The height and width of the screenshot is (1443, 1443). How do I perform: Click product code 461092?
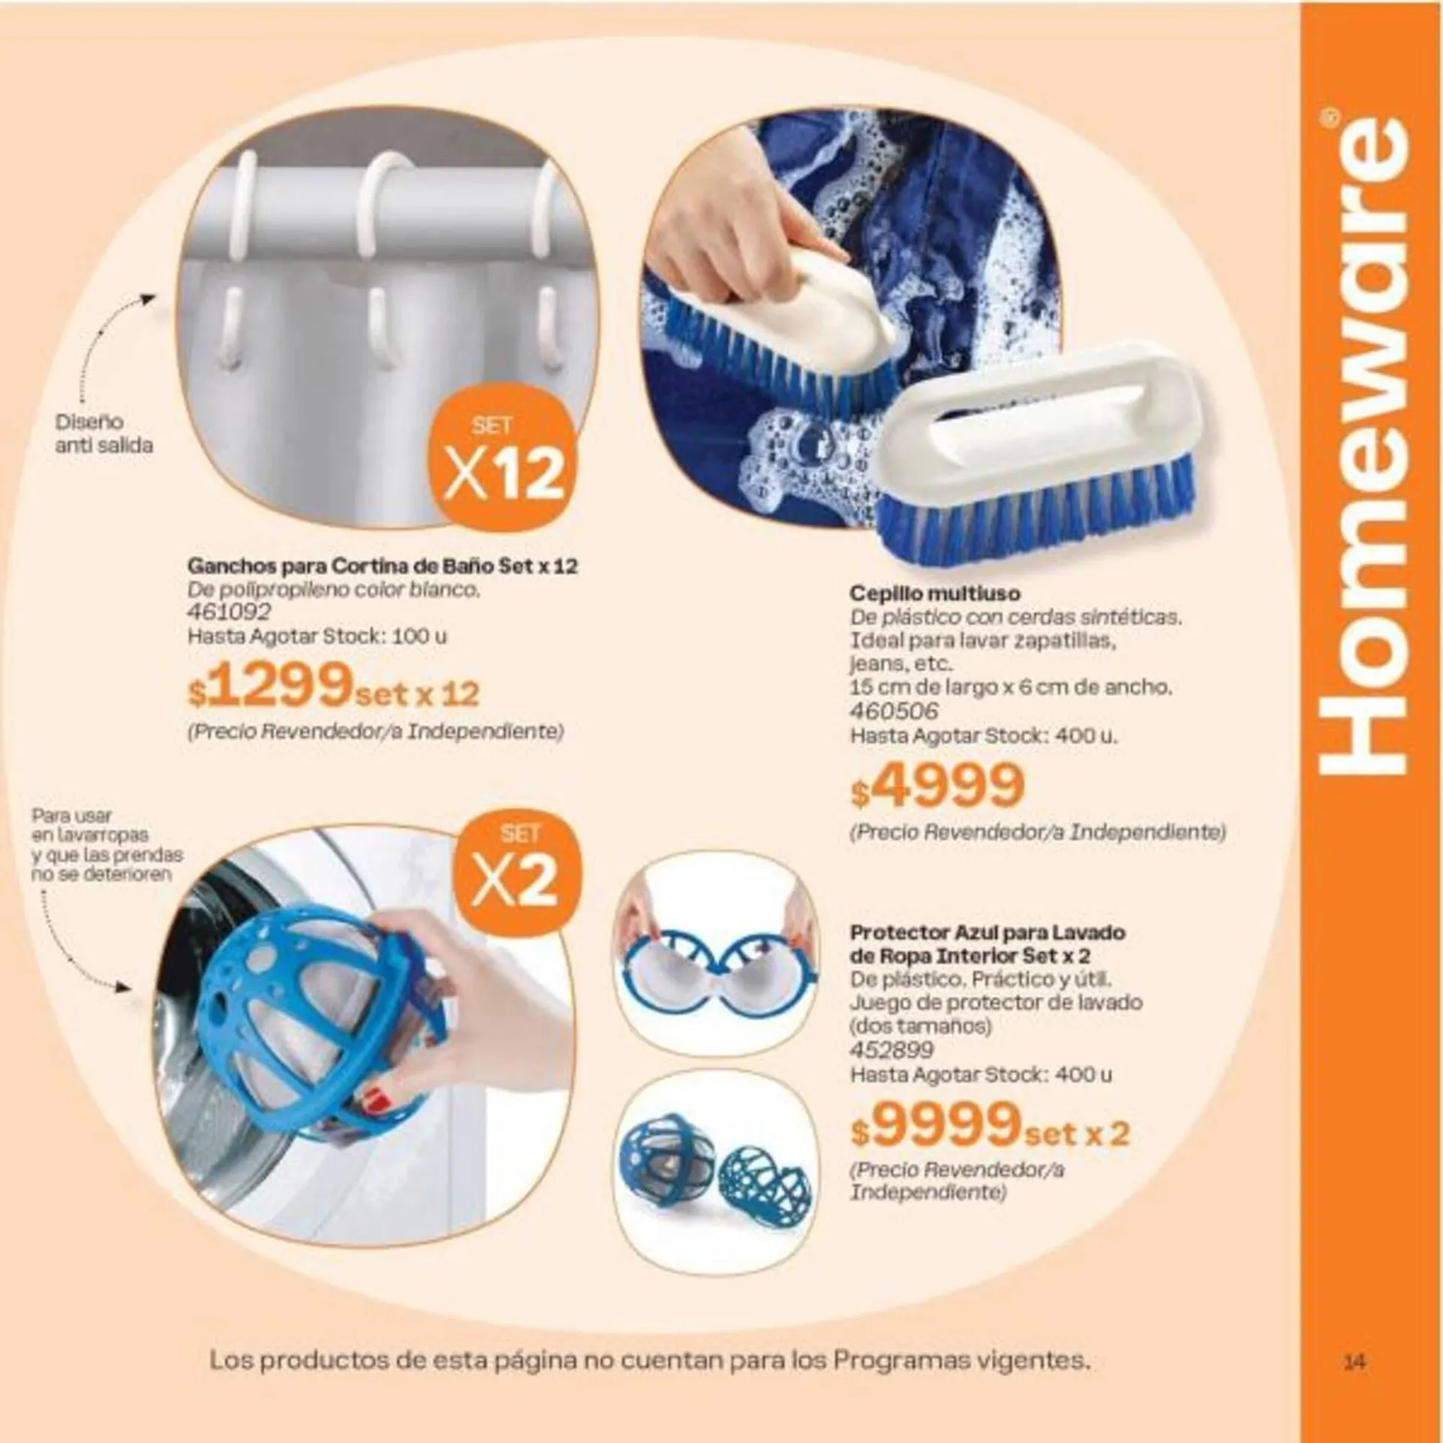tap(226, 613)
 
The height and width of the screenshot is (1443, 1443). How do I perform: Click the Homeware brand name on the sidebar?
tap(1360, 451)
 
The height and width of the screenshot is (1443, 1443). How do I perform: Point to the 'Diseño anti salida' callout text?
tap(104, 434)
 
